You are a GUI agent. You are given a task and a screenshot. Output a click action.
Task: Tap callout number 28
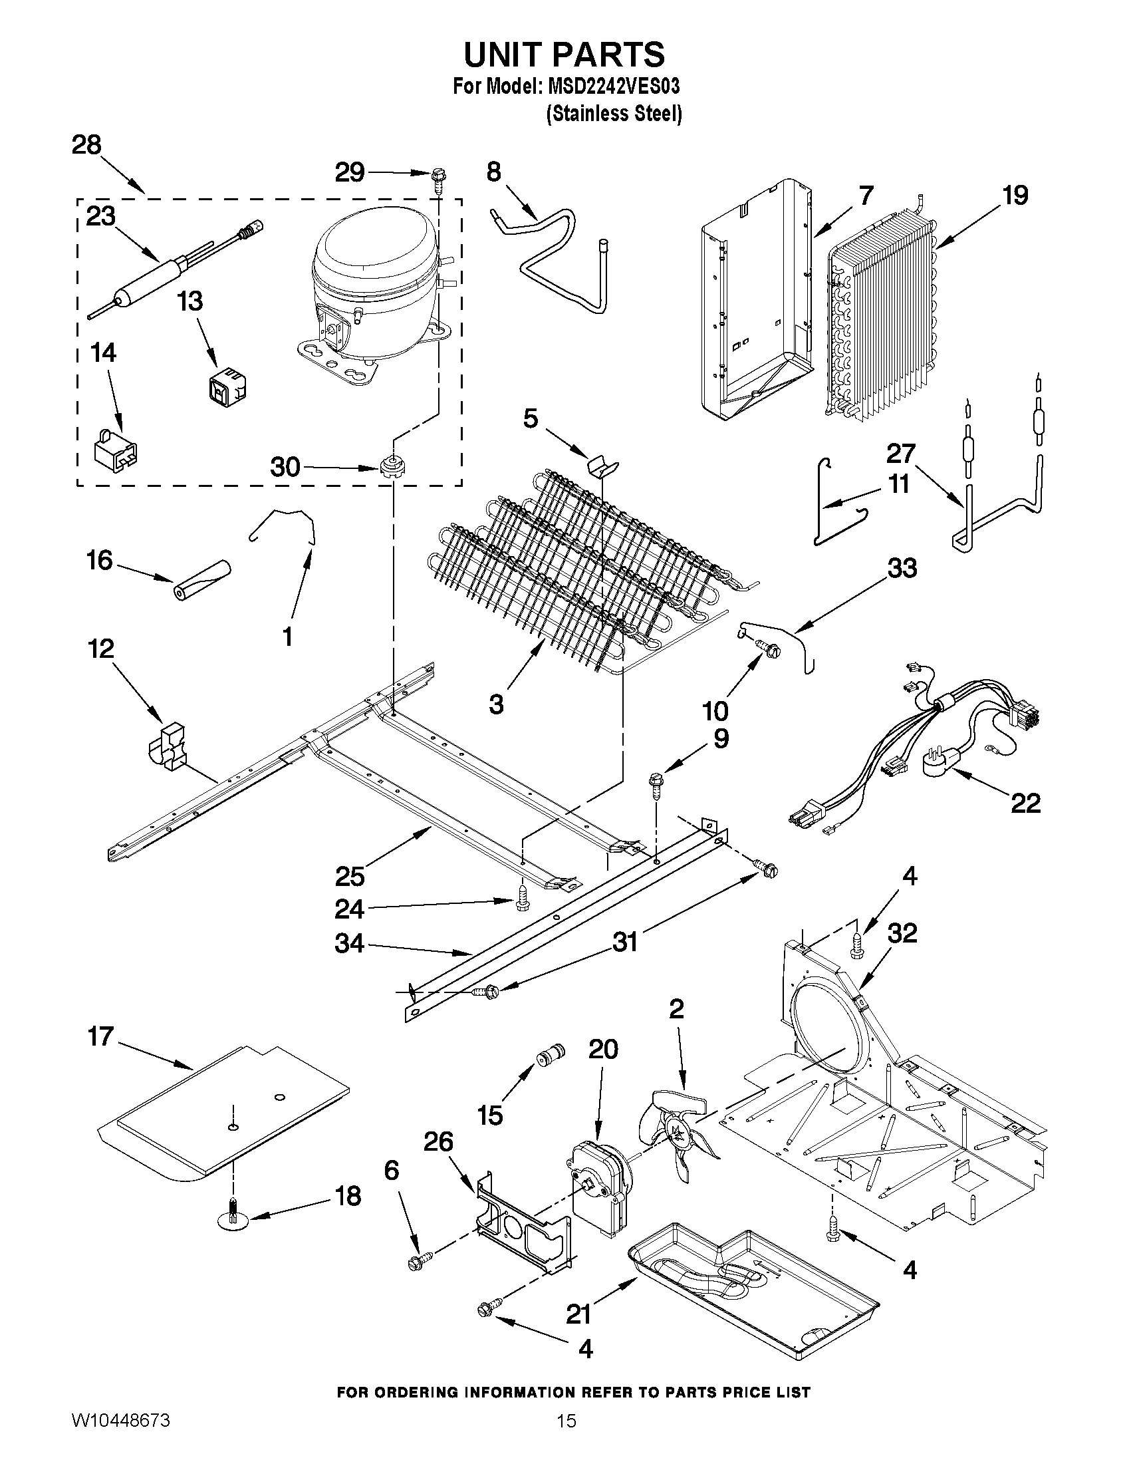point(87,145)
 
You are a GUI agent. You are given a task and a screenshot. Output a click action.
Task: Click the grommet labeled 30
point(390,465)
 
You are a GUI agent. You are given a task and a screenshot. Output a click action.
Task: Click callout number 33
point(902,568)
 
